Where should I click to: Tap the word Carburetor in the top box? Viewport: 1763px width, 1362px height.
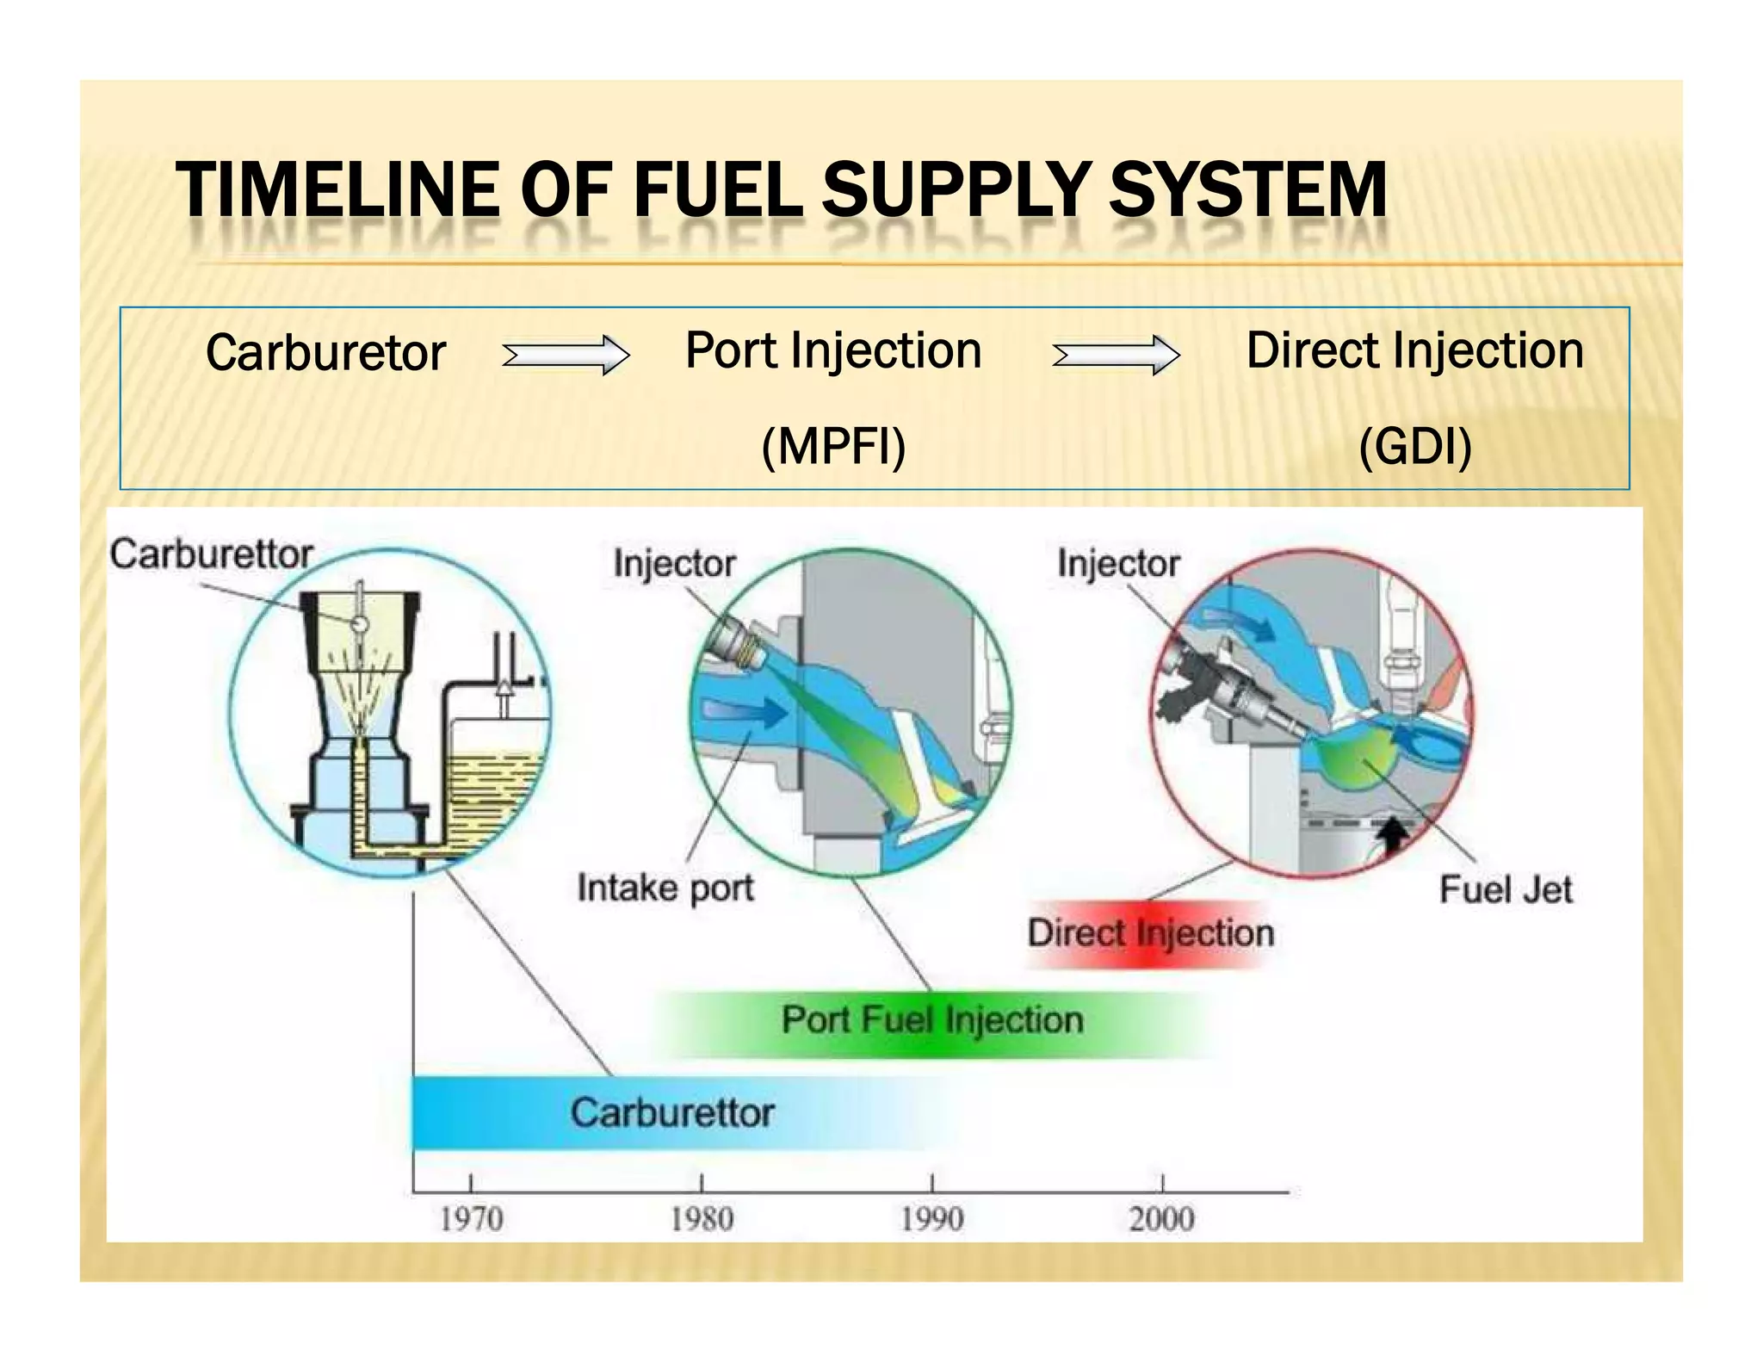pos(325,353)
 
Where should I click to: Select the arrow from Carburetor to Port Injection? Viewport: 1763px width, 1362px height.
pos(566,355)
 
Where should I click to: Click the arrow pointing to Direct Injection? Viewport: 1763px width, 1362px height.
pos(1116,355)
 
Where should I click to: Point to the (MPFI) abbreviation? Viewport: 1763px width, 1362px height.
pos(833,447)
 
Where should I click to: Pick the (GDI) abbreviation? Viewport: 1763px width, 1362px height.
pos(1414,447)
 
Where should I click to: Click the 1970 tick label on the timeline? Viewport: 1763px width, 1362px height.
pos(471,1219)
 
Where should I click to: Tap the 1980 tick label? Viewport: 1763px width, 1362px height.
pos(702,1219)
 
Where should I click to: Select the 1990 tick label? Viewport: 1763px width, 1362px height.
pos(931,1219)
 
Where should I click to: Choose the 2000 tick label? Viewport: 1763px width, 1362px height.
pos(1161,1219)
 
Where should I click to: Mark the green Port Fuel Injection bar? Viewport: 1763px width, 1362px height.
pos(931,1021)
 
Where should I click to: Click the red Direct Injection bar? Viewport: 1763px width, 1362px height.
pos(1150,933)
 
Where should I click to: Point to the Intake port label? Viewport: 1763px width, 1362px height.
pos(665,888)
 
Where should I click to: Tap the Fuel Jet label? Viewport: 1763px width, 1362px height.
pos(1505,889)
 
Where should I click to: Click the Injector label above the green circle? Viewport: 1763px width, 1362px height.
pos(674,564)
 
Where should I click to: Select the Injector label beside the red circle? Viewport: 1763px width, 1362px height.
pos(1117,564)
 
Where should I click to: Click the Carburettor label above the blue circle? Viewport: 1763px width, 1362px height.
pos(211,554)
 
